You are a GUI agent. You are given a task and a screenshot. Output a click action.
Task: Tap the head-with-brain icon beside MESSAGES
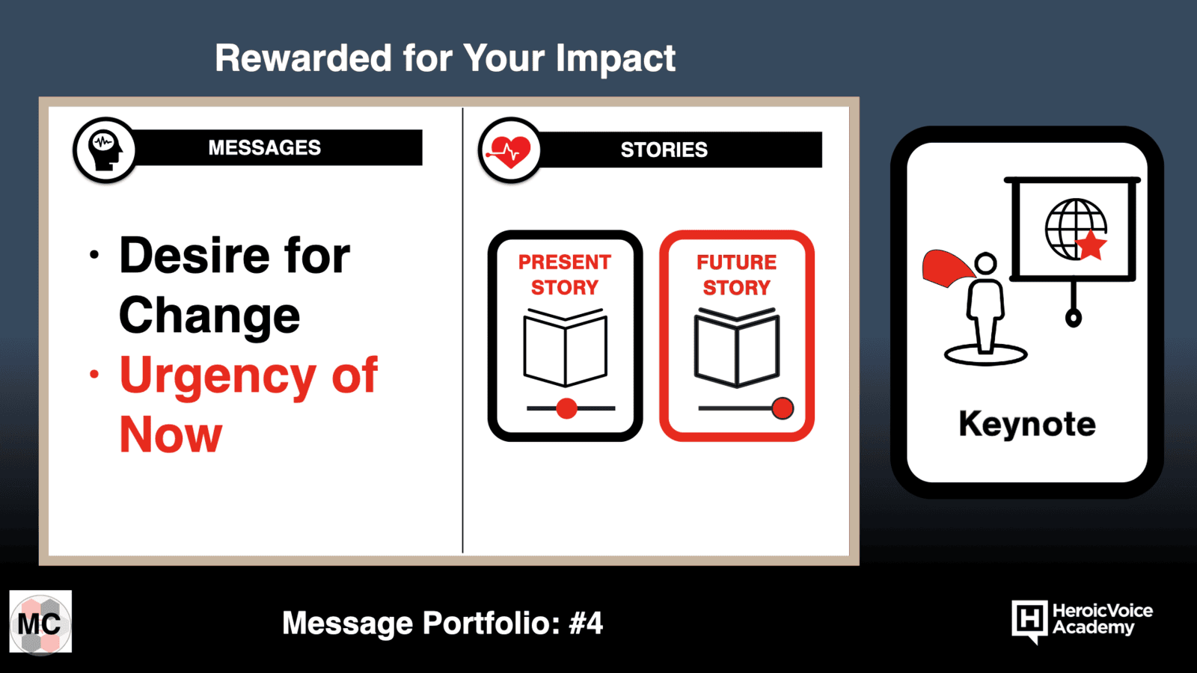pyautogui.click(x=105, y=150)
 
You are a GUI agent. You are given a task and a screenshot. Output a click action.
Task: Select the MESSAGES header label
pyautogui.click(x=265, y=147)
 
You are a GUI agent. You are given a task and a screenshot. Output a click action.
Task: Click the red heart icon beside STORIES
pyautogui.click(x=509, y=150)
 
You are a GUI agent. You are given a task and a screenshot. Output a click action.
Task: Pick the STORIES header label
pyautogui.click(x=664, y=150)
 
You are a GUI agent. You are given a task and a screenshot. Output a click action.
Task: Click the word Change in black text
pyautogui.click(x=209, y=316)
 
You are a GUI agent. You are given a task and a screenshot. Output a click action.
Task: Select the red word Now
pyautogui.click(x=171, y=434)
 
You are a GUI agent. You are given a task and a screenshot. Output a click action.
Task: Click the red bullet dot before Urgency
pyautogui.click(x=94, y=375)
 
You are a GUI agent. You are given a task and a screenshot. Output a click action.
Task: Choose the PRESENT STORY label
pyautogui.click(x=565, y=274)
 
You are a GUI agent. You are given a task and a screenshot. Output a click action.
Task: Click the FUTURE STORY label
pyautogui.click(x=736, y=274)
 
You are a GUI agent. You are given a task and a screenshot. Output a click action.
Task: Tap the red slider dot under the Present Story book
pyautogui.click(x=566, y=408)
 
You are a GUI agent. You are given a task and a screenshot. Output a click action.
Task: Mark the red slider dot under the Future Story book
pyautogui.click(x=783, y=408)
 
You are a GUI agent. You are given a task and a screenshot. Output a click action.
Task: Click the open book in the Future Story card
pyautogui.click(x=736, y=347)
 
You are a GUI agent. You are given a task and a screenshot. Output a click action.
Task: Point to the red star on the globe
pyautogui.click(x=1090, y=245)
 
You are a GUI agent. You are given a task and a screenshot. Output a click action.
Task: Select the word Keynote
pyautogui.click(x=1027, y=424)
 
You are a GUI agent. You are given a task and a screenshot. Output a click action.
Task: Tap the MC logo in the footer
pyautogui.click(x=40, y=622)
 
